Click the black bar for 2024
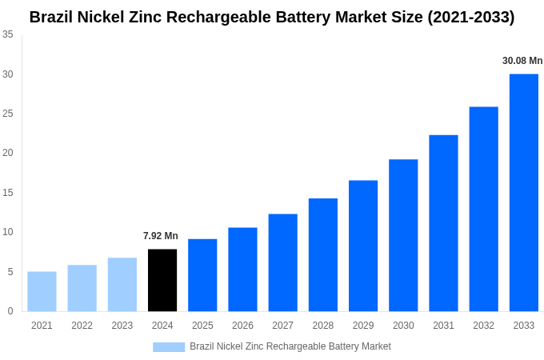162,280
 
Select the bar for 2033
523,192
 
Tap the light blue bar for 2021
42,291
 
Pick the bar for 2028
322,254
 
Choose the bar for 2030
403,235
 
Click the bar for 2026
242,269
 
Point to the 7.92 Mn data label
161,236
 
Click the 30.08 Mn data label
522,61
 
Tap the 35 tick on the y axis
7,34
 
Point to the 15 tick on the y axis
7,193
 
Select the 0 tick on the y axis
10,311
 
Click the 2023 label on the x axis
122,326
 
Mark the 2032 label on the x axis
483,326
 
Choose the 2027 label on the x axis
282,326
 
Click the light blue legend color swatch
169,347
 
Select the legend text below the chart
290,346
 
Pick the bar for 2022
82,288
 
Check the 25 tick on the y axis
7,114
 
